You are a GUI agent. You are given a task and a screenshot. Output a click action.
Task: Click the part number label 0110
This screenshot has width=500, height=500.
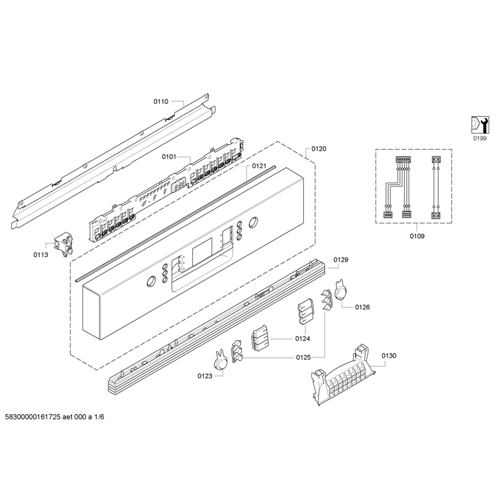(x=161, y=102)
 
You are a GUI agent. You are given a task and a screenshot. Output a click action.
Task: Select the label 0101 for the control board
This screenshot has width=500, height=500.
(x=169, y=157)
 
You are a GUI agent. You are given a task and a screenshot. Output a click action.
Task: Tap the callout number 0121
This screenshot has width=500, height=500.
(x=259, y=166)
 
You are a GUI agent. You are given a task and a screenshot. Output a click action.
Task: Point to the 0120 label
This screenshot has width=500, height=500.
(x=319, y=148)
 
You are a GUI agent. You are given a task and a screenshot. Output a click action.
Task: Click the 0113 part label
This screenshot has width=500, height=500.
(x=41, y=254)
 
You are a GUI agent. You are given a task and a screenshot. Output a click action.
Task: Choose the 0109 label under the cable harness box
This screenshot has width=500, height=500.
(x=417, y=236)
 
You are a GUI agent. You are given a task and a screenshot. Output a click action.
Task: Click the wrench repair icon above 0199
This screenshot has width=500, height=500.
(x=479, y=125)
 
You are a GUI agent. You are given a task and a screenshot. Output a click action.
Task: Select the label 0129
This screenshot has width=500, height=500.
(x=341, y=260)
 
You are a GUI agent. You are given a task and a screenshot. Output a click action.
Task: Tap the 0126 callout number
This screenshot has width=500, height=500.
(x=363, y=307)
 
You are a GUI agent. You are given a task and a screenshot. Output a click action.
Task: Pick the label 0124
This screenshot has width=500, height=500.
(x=303, y=338)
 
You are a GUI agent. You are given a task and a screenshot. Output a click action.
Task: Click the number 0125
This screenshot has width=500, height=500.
(x=303, y=357)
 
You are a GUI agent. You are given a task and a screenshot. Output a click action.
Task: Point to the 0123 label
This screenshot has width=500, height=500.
(x=205, y=376)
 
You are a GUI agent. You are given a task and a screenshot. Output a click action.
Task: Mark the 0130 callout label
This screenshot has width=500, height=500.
(x=389, y=355)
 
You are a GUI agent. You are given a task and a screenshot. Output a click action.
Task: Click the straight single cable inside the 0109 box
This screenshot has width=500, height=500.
(x=435, y=187)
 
